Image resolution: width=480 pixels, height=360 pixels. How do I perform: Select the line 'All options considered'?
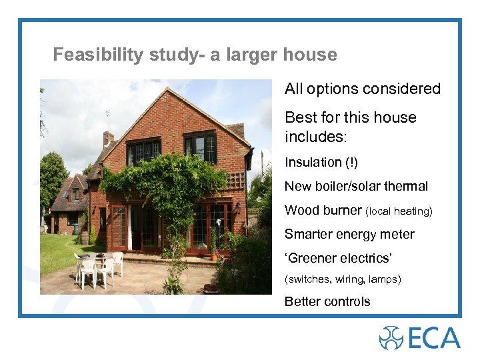pyautogui.click(x=363, y=89)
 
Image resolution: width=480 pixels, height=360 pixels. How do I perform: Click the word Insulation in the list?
pyautogui.click(x=313, y=162)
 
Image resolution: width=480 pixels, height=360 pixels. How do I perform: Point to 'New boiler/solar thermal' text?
pyautogui.click(x=356, y=187)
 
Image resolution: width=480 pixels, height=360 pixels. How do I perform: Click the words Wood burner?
pyautogui.click(x=323, y=211)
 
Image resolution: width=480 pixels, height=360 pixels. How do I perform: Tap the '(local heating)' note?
pyautogui.click(x=399, y=211)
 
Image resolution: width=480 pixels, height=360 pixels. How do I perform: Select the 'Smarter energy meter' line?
pyautogui.click(x=349, y=235)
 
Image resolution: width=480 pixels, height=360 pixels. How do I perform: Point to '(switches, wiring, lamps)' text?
pyautogui.click(x=343, y=279)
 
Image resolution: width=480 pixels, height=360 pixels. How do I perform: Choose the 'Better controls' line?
pyautogui.click(x=327, y=301)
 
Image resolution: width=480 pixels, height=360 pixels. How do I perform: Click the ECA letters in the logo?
pyautogui.click(x=434, y=337)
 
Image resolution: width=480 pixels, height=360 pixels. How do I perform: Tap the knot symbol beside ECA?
pyautogui.click(x=391, y=337)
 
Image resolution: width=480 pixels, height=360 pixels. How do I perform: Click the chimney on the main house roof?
pyautogui.click(x=108, y=138)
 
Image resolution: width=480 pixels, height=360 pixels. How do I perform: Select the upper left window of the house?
pyautogui.click(x=144, y=152)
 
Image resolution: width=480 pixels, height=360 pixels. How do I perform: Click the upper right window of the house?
pyautogui.click(x=201, y=147)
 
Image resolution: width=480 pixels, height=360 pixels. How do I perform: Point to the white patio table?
pyautogui.click(x=97, y=257)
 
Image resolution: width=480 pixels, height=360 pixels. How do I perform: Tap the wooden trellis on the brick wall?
pyautogui.click(x=235, y=180)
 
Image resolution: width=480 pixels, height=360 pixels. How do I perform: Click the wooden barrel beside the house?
pyautogui.click(x=85, y=237)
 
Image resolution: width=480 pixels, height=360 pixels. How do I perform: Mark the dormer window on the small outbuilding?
pyautogui.click(x=75, y=194)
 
